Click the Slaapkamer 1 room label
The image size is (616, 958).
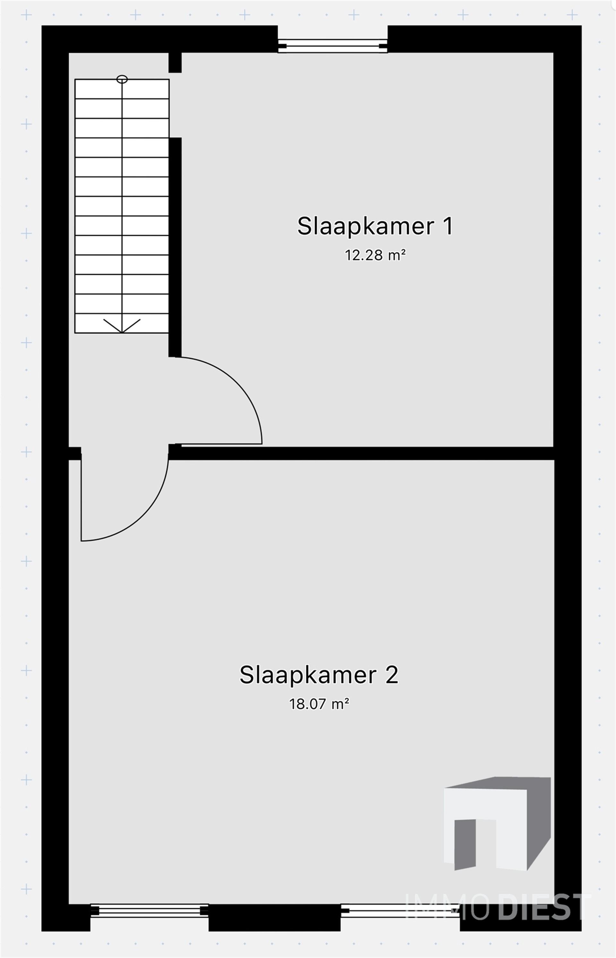click(375, 226)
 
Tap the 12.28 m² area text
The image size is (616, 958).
click(375, 255)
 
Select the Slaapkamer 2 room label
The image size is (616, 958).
click(319, 675)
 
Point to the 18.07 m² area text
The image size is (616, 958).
click(319, 704)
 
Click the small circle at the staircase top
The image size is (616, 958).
click(122, 79)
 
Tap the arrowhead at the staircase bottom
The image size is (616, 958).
click(122, 326)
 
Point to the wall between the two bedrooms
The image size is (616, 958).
click(360, 453)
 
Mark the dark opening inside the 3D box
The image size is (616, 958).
click(465, 844)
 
